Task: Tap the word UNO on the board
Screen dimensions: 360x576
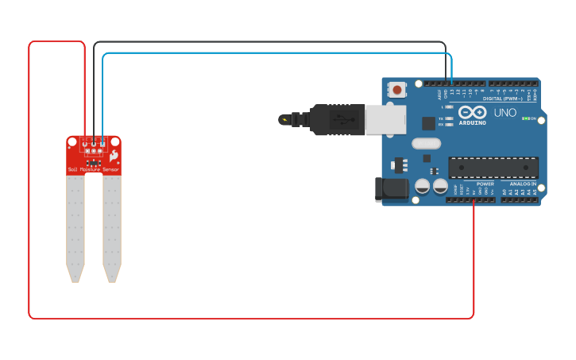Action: coord(505,113)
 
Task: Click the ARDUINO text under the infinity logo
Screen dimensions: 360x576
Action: coord(472,122)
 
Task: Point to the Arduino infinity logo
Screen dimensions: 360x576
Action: coord(472,112)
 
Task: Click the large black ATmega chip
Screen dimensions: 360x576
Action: coord(493,168)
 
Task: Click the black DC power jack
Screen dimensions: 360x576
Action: coord(392,189)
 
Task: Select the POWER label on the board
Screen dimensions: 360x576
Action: coord(485,184)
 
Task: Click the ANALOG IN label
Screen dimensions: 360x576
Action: coord(523,184)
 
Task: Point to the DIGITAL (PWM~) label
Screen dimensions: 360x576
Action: coord(502,99)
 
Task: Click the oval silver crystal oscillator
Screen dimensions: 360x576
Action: coord(426,144)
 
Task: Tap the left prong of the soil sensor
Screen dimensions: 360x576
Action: coord(75,226)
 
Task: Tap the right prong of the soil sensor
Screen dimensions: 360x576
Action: coord(112,226)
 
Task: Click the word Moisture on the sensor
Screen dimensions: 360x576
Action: coord(90,169)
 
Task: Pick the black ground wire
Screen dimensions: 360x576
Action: coord(270,42)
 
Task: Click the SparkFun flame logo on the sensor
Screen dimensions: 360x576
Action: coord(114,156)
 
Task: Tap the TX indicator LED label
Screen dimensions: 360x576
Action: coord(441,118)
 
